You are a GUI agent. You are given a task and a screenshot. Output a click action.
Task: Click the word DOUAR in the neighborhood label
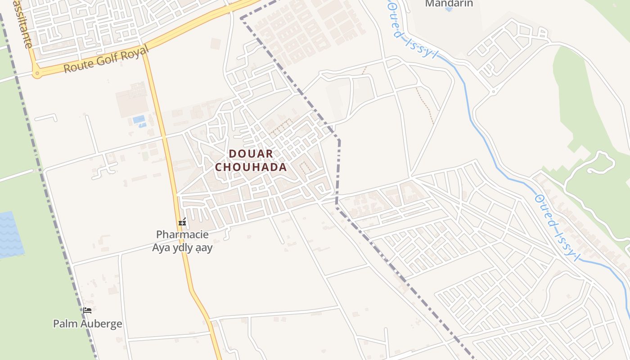pos(251,154)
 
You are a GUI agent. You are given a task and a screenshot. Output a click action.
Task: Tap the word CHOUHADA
pos(251,167)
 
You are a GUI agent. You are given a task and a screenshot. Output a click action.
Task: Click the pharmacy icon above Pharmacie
pos(182,222)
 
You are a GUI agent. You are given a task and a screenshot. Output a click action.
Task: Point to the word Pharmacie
pos(182,234)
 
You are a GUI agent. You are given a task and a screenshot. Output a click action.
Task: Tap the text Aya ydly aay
pos(182,247)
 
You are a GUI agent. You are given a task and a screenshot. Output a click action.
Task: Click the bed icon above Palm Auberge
pos(87,310)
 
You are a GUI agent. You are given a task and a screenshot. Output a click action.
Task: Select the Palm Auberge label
pos(87,324)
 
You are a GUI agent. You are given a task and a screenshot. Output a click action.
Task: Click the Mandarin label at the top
pos(449,4)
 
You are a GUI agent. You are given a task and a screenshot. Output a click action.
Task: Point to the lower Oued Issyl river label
pos(556,228)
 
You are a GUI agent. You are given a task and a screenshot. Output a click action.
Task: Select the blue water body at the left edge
pos(10,234)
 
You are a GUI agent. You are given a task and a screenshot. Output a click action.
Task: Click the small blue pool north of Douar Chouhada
pos(139,120)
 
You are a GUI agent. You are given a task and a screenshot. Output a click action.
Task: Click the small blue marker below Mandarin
pos(449,9)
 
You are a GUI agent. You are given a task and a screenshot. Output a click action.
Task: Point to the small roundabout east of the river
pos(493,91)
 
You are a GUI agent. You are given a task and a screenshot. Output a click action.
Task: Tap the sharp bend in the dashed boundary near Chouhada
pos(339,140)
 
